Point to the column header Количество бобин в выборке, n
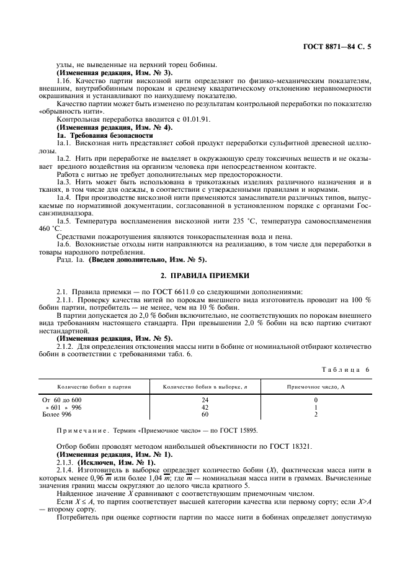[205, 387]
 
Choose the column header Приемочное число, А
[316, 387]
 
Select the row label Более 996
[58, 414]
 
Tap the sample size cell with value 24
[205, 400]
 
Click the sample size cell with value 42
[205, 407]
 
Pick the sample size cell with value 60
[205, 414]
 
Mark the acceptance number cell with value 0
[316, 400]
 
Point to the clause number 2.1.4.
[66, 470]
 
